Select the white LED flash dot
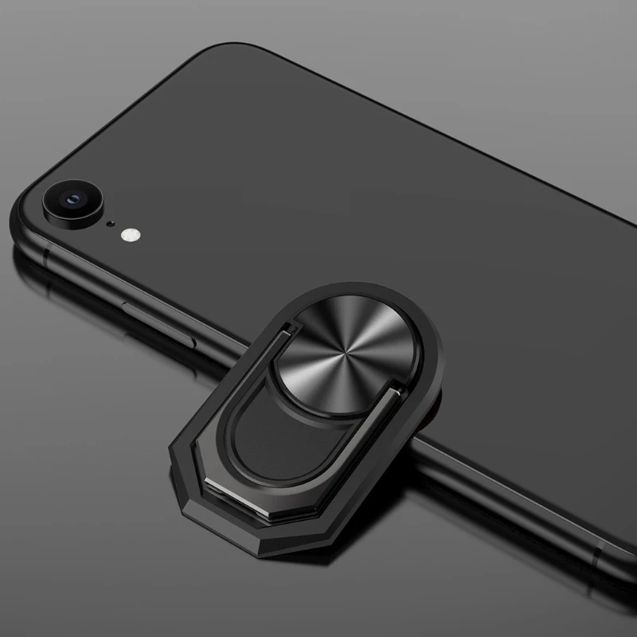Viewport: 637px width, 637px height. click(129, 235)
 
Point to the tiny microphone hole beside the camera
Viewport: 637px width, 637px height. click(111, 224)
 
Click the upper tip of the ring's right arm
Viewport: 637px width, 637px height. click(393, 387)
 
